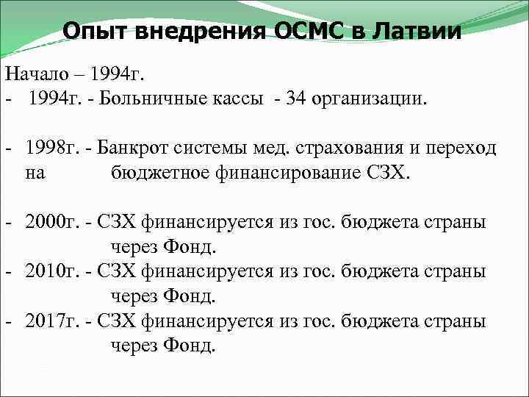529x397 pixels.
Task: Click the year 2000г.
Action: (50, 222)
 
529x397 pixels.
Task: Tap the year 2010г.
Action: (50, 271)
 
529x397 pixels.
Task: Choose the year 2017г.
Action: (50, 321)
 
